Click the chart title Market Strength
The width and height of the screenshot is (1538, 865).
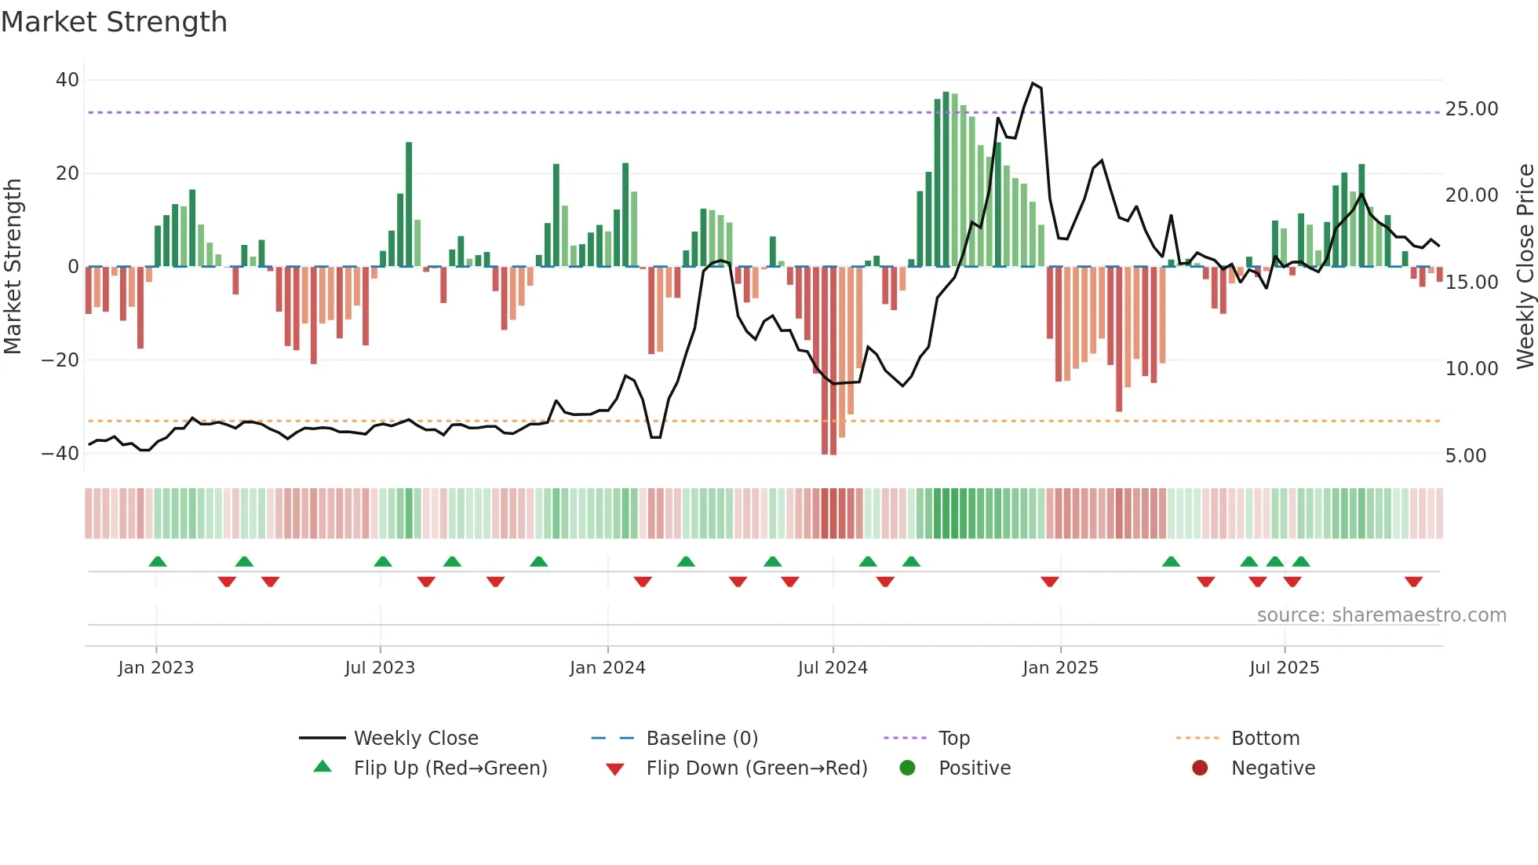(114, 22)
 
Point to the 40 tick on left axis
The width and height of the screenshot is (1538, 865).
(67, 80)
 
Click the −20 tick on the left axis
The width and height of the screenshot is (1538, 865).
(60, 360)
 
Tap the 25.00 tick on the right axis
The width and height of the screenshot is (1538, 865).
(1471, 109)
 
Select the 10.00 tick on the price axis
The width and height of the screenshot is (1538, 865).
(1471, 368)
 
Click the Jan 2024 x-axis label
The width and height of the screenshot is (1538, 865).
(607, 668)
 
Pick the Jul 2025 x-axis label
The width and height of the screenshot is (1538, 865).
(1284, 668)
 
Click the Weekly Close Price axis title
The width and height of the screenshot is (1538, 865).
(1525, 267)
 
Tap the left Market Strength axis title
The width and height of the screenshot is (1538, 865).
(13, 267)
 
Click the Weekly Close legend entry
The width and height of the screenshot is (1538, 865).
(415, 739)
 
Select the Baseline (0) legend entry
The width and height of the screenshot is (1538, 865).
(702, 739)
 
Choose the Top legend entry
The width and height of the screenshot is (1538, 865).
(953, 739)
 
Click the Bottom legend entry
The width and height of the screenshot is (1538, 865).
(1265, 739)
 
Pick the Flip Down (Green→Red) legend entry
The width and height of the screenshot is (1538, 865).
(756, 768)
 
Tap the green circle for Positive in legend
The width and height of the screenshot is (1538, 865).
(908, 768)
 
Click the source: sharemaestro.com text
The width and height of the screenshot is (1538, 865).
(1381, 615)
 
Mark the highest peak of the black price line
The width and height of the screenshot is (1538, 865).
(1033, 83)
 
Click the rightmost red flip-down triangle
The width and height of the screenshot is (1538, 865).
(1413, 582)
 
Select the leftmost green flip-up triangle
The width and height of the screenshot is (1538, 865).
(158, 562)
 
